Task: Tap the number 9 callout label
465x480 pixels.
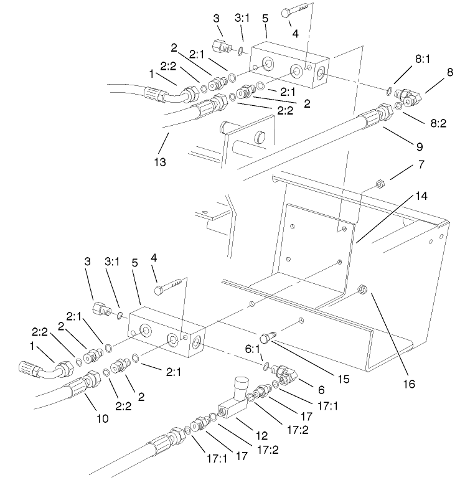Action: click(x=420, y=147)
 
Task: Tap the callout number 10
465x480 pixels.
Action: click(x=102, y=418)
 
